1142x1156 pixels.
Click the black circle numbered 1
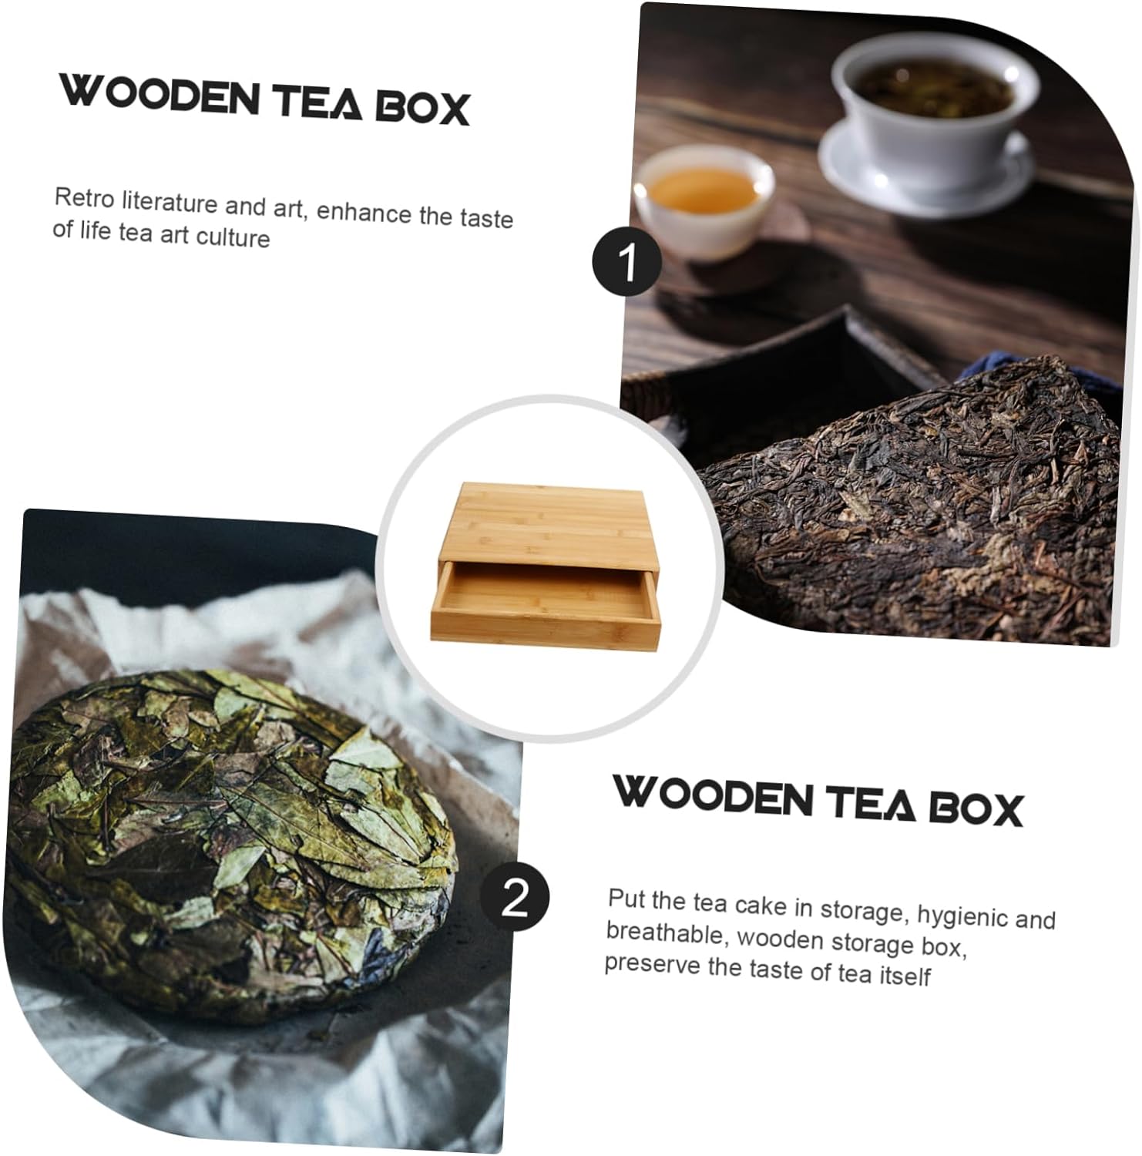point(626,261)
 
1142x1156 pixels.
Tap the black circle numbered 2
point(516,896)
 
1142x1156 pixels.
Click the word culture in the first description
point(233,237)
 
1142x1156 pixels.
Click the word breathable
point(665,933)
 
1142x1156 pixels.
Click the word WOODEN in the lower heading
point(712,795)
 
